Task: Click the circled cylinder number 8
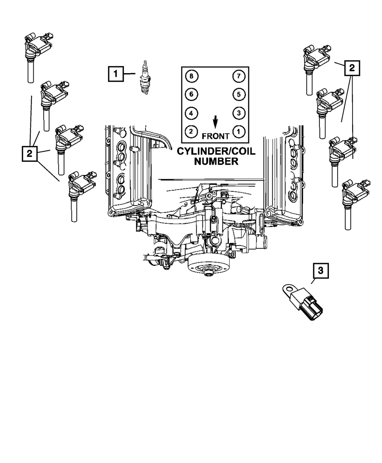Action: (191, 76)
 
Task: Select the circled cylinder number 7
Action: (238, 76)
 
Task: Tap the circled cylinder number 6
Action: (191, 94)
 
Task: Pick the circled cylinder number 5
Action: (238, 94)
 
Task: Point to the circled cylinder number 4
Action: (191, 113)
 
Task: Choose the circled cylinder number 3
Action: (238, 113)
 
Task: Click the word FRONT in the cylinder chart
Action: (215, 135)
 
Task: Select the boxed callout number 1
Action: (116, 74)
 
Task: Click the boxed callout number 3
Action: (320, 271)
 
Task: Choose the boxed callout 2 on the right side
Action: (352, 68)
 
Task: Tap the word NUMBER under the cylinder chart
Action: (216, 161)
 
